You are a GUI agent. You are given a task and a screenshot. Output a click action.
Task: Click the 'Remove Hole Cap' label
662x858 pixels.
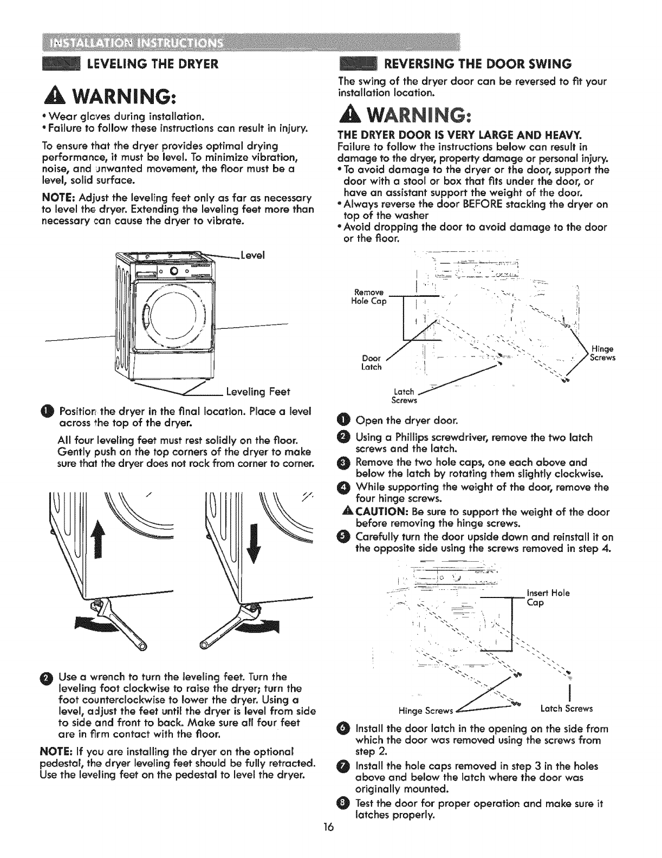[369, 297]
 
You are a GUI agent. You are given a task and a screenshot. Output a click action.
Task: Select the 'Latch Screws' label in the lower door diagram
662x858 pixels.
[567, 708]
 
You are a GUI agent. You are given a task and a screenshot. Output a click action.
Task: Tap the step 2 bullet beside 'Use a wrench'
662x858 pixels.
[47, 678]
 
